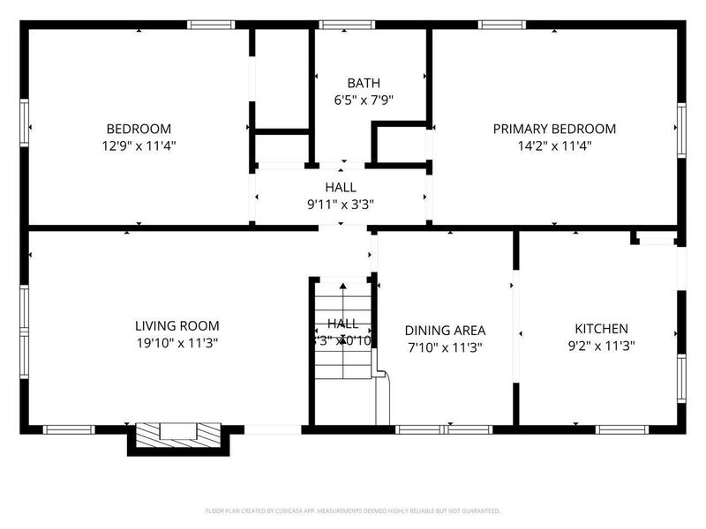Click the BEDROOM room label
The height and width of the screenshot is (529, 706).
pos(139,129)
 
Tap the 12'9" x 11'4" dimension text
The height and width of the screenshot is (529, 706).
pos(139,146)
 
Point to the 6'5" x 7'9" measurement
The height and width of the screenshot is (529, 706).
pos(364,100)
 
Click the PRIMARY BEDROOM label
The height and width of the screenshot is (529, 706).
pos(554,129)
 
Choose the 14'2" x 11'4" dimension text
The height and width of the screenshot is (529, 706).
pos(554,146)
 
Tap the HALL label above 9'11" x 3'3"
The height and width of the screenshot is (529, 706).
pos(341,187)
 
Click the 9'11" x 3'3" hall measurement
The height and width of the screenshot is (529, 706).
pos(341,205)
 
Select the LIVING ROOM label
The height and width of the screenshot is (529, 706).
pos(176,325)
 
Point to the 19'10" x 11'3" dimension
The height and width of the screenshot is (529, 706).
pos(176,344)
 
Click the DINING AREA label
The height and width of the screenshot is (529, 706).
pos(445,331)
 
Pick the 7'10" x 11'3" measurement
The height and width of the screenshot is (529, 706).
pos(445,347)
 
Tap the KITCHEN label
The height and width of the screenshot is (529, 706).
pos(602,328)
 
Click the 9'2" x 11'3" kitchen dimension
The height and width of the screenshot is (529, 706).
pos(602,346)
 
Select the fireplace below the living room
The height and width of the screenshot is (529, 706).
pos(179,435)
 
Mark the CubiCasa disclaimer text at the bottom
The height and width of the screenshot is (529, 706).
pos(353,510)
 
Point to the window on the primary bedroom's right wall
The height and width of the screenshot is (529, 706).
pos(681,130)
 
